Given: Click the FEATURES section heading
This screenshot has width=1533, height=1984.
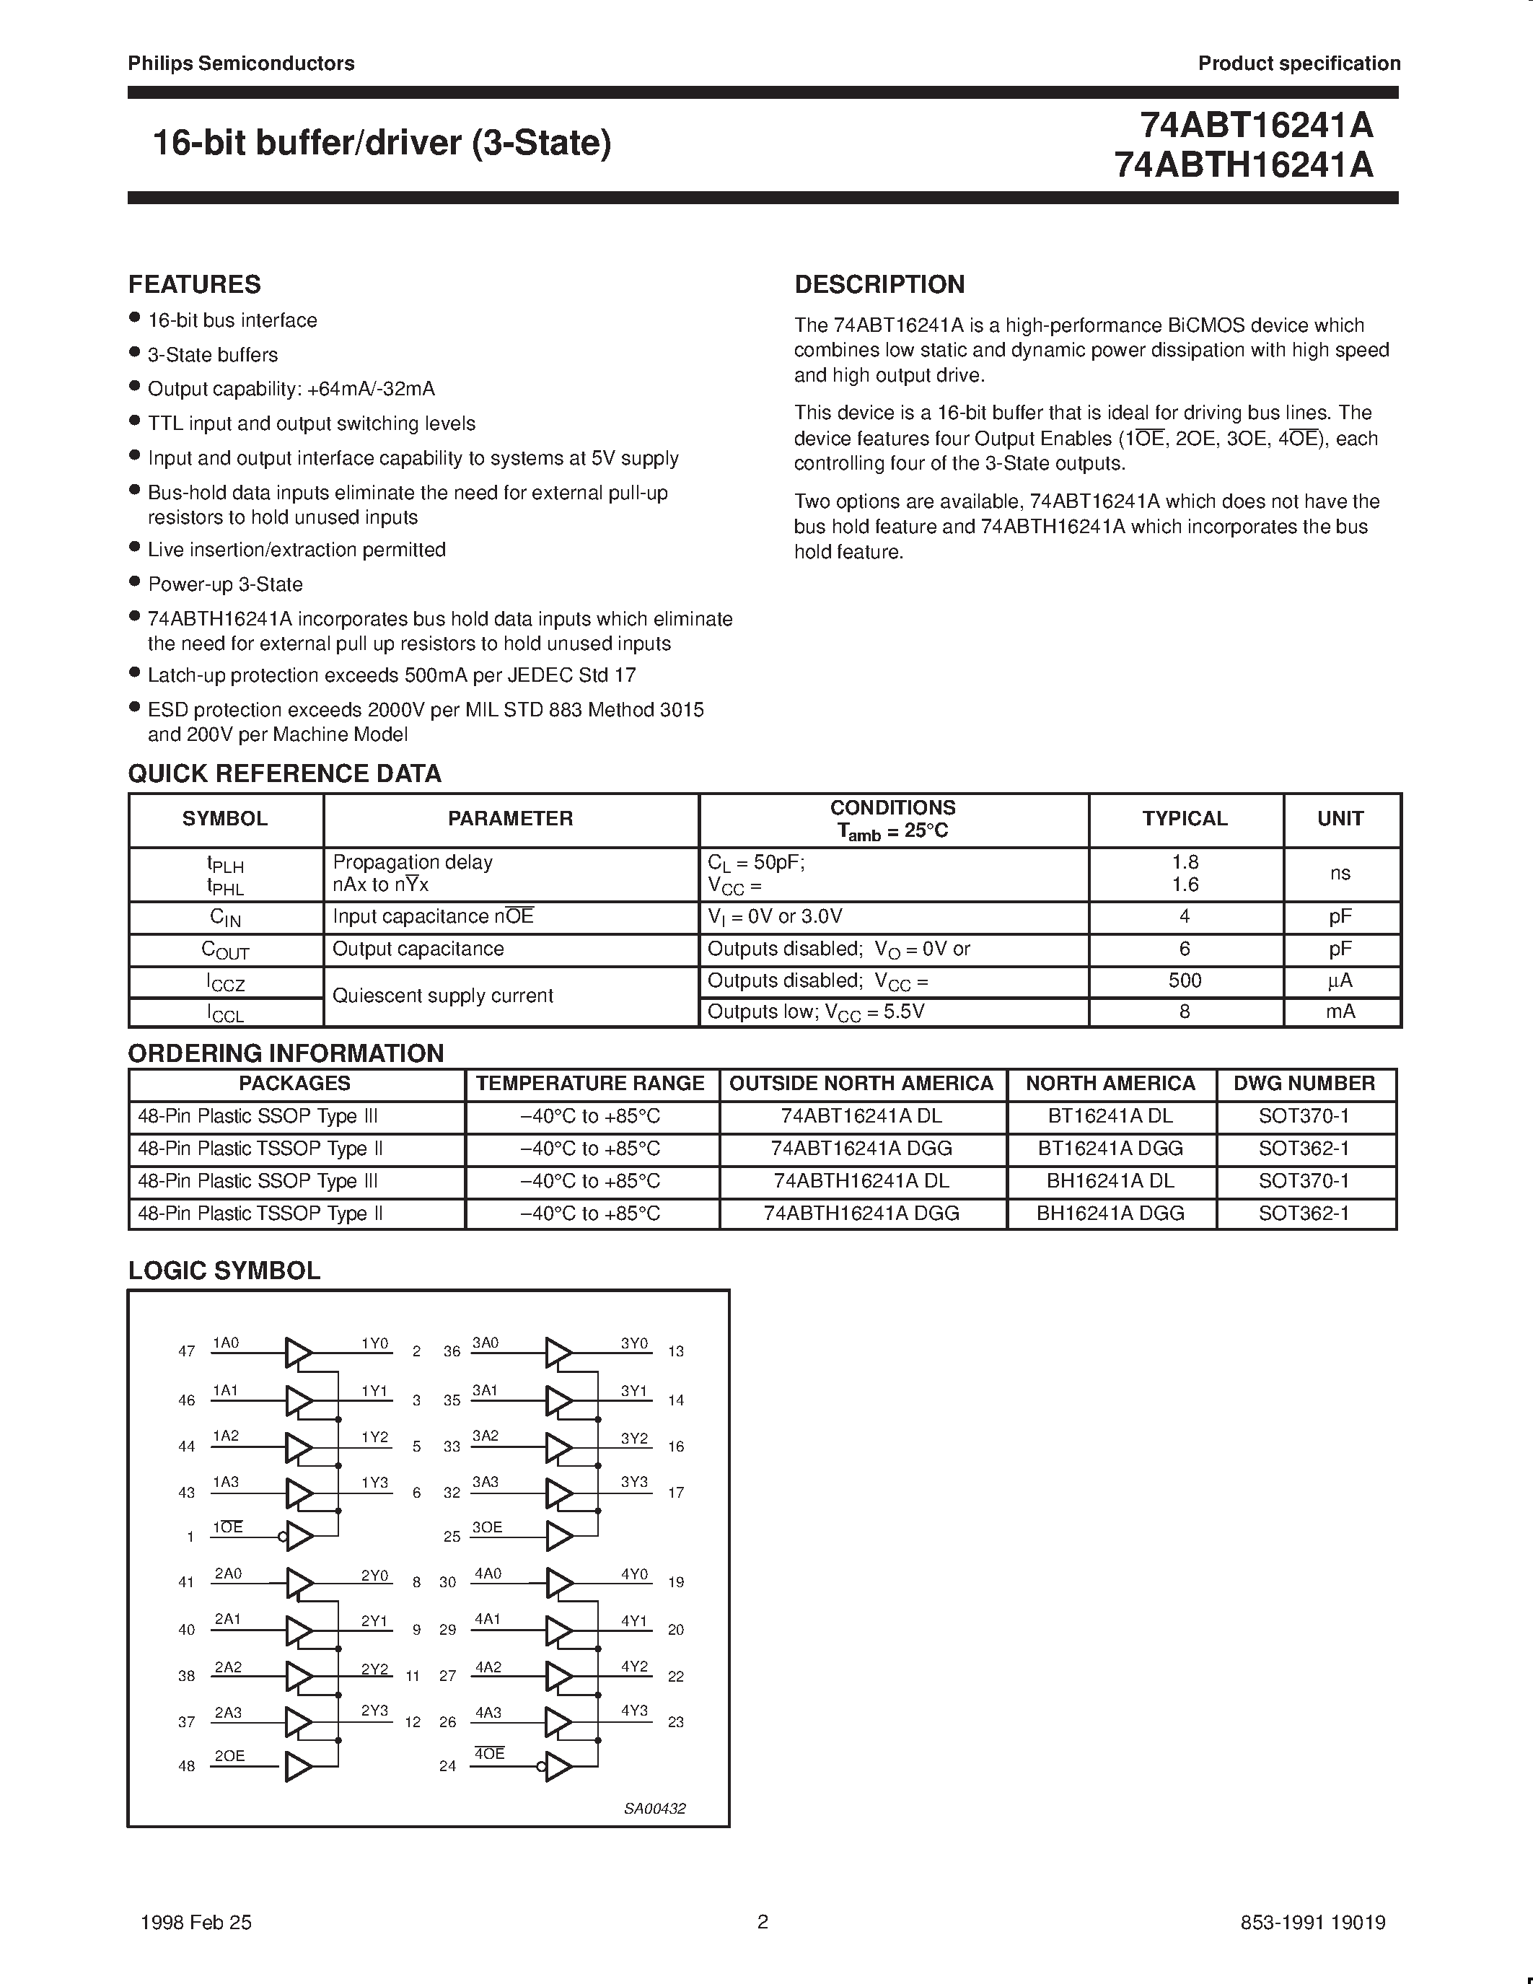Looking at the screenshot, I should click(x=194, y=284).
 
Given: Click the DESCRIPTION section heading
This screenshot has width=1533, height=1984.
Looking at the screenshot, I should click(x=879, y=284).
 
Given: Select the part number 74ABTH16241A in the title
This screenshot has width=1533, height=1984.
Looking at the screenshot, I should click(x=1243, y=165).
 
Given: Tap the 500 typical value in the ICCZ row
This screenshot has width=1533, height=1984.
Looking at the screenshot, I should click(x=1185, y=981).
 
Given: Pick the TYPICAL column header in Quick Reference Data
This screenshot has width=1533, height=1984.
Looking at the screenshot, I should click(x=1185, y=819).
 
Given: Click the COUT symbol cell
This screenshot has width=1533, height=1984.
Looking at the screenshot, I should click(x=225, y=950).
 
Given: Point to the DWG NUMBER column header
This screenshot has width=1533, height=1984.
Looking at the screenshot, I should click(x=1304, y=1084).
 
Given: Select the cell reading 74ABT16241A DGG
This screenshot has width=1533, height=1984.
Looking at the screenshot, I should click(x=861, y=1149).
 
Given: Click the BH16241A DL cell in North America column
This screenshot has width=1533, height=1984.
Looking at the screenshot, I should click(x=1110, y=1181).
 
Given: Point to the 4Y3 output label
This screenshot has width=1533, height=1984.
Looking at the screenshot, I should click(x=634, y=1711).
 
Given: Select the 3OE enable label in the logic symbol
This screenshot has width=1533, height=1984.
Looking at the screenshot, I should click(x=487, y=1528).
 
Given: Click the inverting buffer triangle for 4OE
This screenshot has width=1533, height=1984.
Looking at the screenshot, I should click(x=558, y=1767).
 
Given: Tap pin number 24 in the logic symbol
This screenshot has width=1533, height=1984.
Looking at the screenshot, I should click(x=447, y=1767).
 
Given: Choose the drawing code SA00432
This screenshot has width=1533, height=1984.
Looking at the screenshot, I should click(x=654, y=1809).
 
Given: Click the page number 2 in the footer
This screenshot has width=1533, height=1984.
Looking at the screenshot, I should click(x=763, y=1922).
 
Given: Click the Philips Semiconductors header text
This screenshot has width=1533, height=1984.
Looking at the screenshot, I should click(x=241, y=63).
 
